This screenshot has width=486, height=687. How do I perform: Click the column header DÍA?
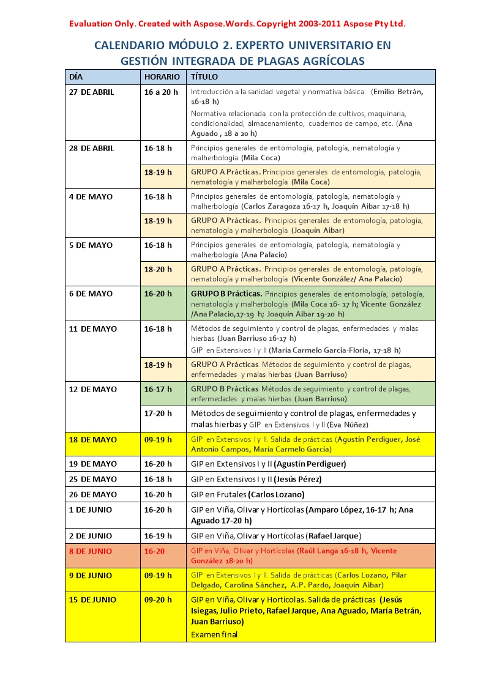tap(76, 77)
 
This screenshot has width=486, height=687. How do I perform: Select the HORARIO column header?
tap(162, 77)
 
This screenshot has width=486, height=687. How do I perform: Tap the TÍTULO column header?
tap(204, 77)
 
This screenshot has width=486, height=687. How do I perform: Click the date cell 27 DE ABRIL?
tap(91, 92)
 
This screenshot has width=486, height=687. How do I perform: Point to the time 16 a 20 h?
tap(161, 92)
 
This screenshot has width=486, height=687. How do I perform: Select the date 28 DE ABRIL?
tap(91, 148)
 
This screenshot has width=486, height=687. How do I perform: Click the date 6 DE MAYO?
tap(91, 294)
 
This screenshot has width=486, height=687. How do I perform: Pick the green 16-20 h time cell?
tap(158, 294)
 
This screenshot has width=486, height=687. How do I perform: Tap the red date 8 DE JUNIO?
tap(91, 551)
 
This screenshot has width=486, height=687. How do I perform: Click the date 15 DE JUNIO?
tap(92, 600)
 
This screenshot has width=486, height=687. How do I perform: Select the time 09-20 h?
tap(158, 600)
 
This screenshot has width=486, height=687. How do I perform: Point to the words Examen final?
tap(214, 634)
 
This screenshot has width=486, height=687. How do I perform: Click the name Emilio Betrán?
tap(397, 92)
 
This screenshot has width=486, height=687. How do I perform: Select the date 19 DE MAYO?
tap(92, 464)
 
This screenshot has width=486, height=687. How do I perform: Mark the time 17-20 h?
tap(158, 414)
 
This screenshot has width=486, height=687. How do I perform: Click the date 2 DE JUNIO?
tap(91, 536)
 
